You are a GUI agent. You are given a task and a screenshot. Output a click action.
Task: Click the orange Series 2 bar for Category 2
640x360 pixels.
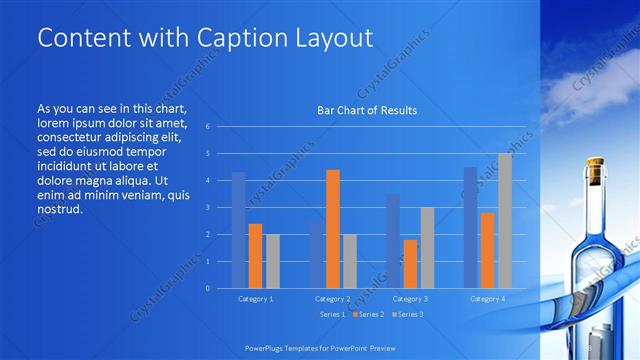coord(333,229)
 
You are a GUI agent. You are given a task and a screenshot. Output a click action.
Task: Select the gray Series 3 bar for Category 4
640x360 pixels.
coord(504,221)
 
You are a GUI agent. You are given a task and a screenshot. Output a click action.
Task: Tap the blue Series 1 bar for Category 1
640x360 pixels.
coord(238,230)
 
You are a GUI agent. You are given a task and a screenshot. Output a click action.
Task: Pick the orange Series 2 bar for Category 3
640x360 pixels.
coord(410,264)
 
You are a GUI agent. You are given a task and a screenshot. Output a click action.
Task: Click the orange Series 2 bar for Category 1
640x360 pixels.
coord(255,256)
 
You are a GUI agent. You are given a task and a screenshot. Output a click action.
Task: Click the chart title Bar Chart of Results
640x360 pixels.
coord(367,110)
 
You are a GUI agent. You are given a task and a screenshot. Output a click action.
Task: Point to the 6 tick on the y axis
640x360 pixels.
coord(207,127)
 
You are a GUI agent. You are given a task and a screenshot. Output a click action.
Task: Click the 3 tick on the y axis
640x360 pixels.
coord(207,208)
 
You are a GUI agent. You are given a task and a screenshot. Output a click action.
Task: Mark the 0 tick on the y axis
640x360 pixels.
coord(207,288)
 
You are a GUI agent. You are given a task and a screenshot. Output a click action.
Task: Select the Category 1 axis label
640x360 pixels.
coord(255,299)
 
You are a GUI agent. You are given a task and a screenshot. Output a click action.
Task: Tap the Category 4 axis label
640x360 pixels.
coord(487,299)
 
